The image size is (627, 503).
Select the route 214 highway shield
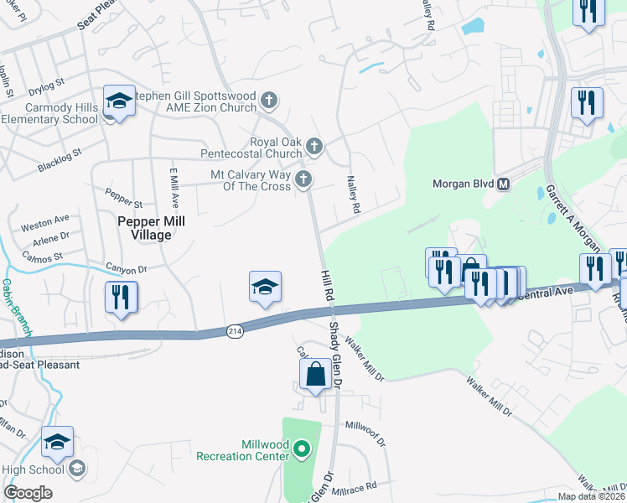(x=236, y=332)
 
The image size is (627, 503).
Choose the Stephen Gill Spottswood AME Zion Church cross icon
(x=269, y=101)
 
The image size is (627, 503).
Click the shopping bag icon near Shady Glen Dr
(x=316, y=374)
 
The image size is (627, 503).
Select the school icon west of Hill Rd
(x=265, y=288)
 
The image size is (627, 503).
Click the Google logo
(x=28, y=492)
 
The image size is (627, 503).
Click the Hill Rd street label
(x=328, y=285)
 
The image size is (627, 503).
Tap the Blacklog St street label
(x=60, y=162)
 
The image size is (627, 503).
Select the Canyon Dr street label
(x=126, y=269)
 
